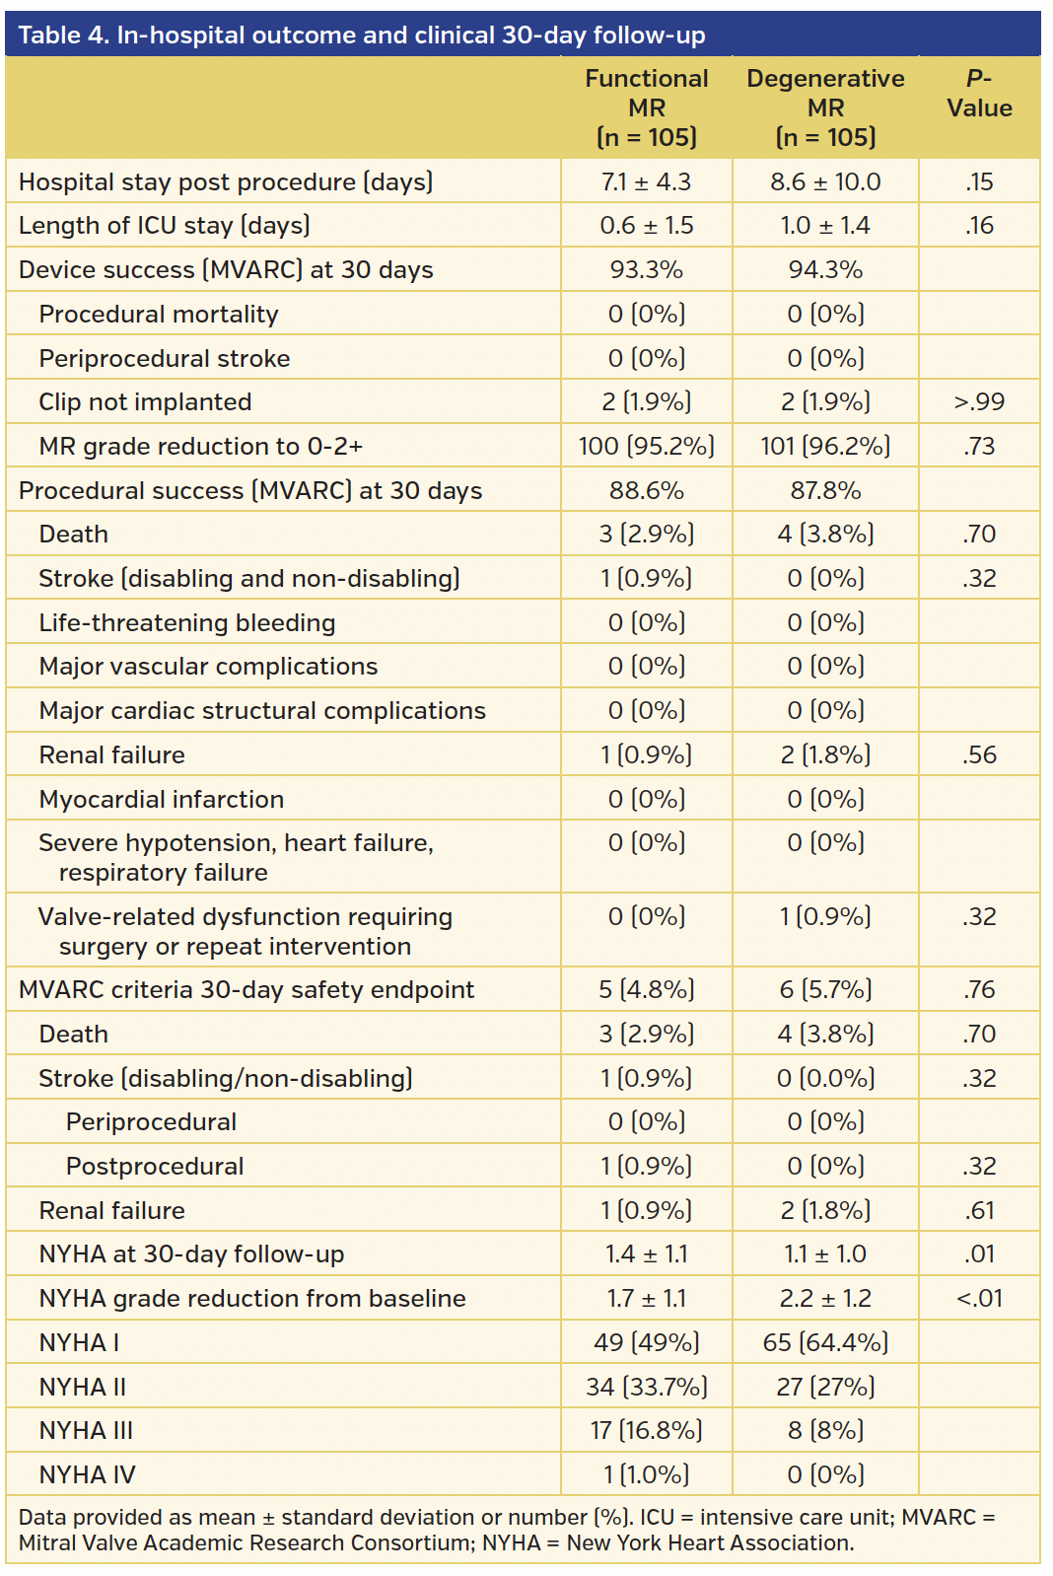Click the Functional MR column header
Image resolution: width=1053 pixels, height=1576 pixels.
coord(646,107)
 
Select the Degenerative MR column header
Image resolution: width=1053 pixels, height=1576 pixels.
coord(825,107)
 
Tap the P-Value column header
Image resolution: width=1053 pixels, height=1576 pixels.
coord(979,94)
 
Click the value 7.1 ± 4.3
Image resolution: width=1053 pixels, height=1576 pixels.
coord(646,182)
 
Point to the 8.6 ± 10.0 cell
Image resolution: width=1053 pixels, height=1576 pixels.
coord(825,182)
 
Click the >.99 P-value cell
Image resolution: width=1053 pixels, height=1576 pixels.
coord(979,402)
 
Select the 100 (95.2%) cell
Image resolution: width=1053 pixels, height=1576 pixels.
coord(646,447)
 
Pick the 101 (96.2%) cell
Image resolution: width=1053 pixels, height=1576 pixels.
coord(825,447)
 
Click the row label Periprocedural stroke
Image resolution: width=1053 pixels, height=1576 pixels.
coord(164,359)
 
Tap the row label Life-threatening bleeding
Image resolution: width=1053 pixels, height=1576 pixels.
coord(186,623)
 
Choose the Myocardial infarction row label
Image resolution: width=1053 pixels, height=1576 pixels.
coord(161,800)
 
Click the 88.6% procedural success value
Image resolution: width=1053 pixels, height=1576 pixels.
coord(646,491)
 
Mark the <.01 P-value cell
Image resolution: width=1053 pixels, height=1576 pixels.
coord(979,1299)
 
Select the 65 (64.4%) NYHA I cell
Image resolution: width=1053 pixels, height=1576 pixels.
coord(825,1343)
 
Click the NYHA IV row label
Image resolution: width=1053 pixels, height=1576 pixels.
coord(87,1475)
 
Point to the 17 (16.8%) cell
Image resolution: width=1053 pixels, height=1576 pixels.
coord(646,1431)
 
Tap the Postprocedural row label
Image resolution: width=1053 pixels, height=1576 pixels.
coord(155,1167)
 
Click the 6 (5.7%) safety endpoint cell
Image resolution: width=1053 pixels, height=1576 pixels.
coord(825,990)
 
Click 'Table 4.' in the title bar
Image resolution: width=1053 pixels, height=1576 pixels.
coord(63,36)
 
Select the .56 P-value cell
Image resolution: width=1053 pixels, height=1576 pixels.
coord(979,755)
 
